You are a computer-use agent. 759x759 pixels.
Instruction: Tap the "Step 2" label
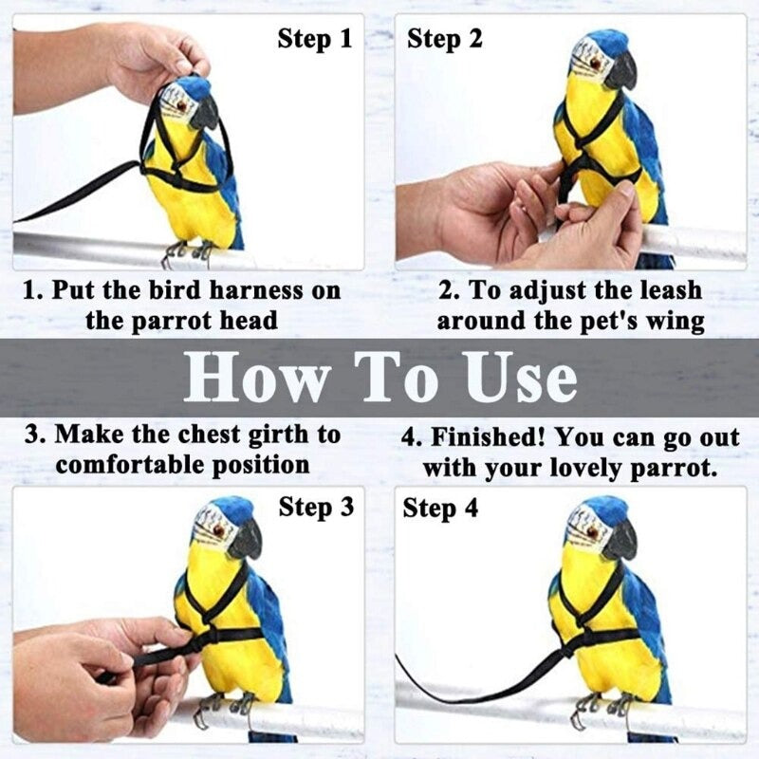444,39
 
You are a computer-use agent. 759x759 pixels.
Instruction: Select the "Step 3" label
315,508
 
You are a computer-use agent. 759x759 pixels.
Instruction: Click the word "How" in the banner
253,378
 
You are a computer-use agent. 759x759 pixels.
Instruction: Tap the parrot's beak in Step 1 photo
204,114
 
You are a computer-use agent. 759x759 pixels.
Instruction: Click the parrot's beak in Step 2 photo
620,71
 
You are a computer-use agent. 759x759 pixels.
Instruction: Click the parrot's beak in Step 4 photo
620,540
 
